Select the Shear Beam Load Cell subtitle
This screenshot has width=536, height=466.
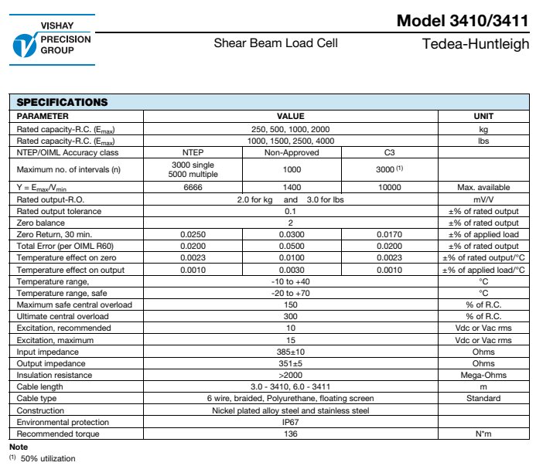tap(275, 43)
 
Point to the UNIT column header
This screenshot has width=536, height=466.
tap(483, 116)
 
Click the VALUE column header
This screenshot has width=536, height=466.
tap(291, 116)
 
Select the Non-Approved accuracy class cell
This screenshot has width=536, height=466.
tap(291, 152)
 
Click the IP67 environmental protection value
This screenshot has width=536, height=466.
tap(291, 422)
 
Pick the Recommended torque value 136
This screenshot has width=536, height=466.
tap(291, 434)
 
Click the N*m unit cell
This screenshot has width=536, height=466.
tap(483, 434)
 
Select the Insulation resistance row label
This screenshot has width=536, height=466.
tap(51, 375)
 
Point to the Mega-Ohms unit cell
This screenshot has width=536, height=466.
tap(483, 375)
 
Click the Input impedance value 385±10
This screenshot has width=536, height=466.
tap(291, 352)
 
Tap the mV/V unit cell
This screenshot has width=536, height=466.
tap(483, 199)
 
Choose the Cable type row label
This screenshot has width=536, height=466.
tap(37, 399)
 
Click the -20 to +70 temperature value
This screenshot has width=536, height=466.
tap(291, 293)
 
